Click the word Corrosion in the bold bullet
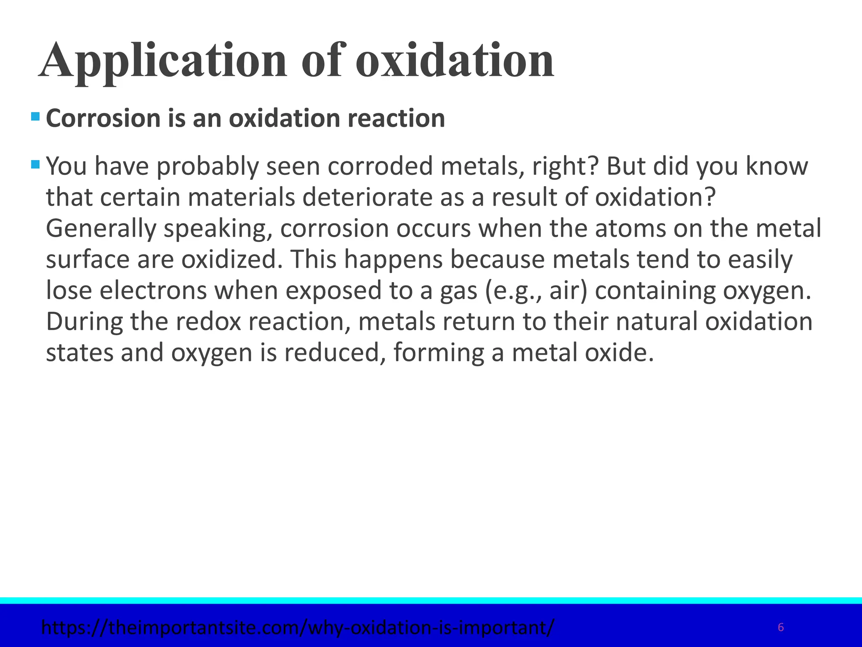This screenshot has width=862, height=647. click(x=103, y=118)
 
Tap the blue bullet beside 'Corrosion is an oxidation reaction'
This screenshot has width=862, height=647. click(x=35, y=116)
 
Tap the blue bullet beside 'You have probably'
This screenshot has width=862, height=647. click(x=35, y=163)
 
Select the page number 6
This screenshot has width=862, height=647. click(x=781, y=628)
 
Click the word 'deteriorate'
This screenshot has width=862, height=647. click(x=367, y=197)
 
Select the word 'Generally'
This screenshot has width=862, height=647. click(x=100, y=228)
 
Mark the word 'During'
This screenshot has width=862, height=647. click(x=84, y=321)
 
